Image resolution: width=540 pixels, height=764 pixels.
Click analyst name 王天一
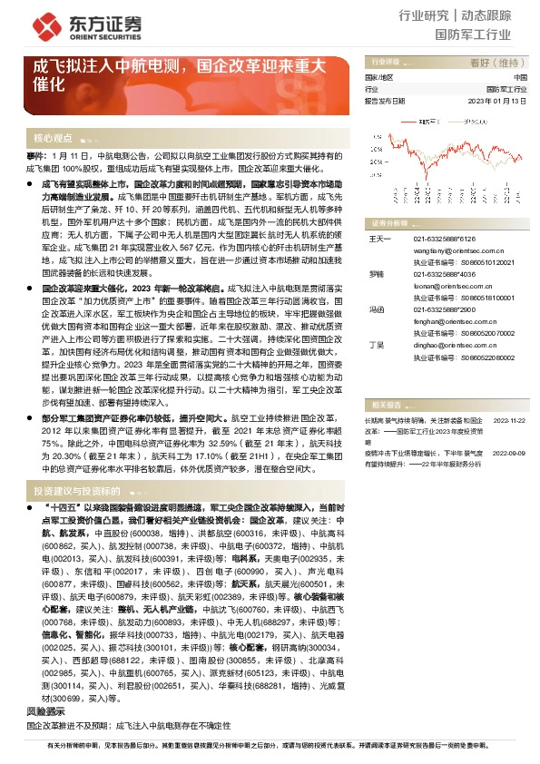pyautogui.click(x=378, y=239)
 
